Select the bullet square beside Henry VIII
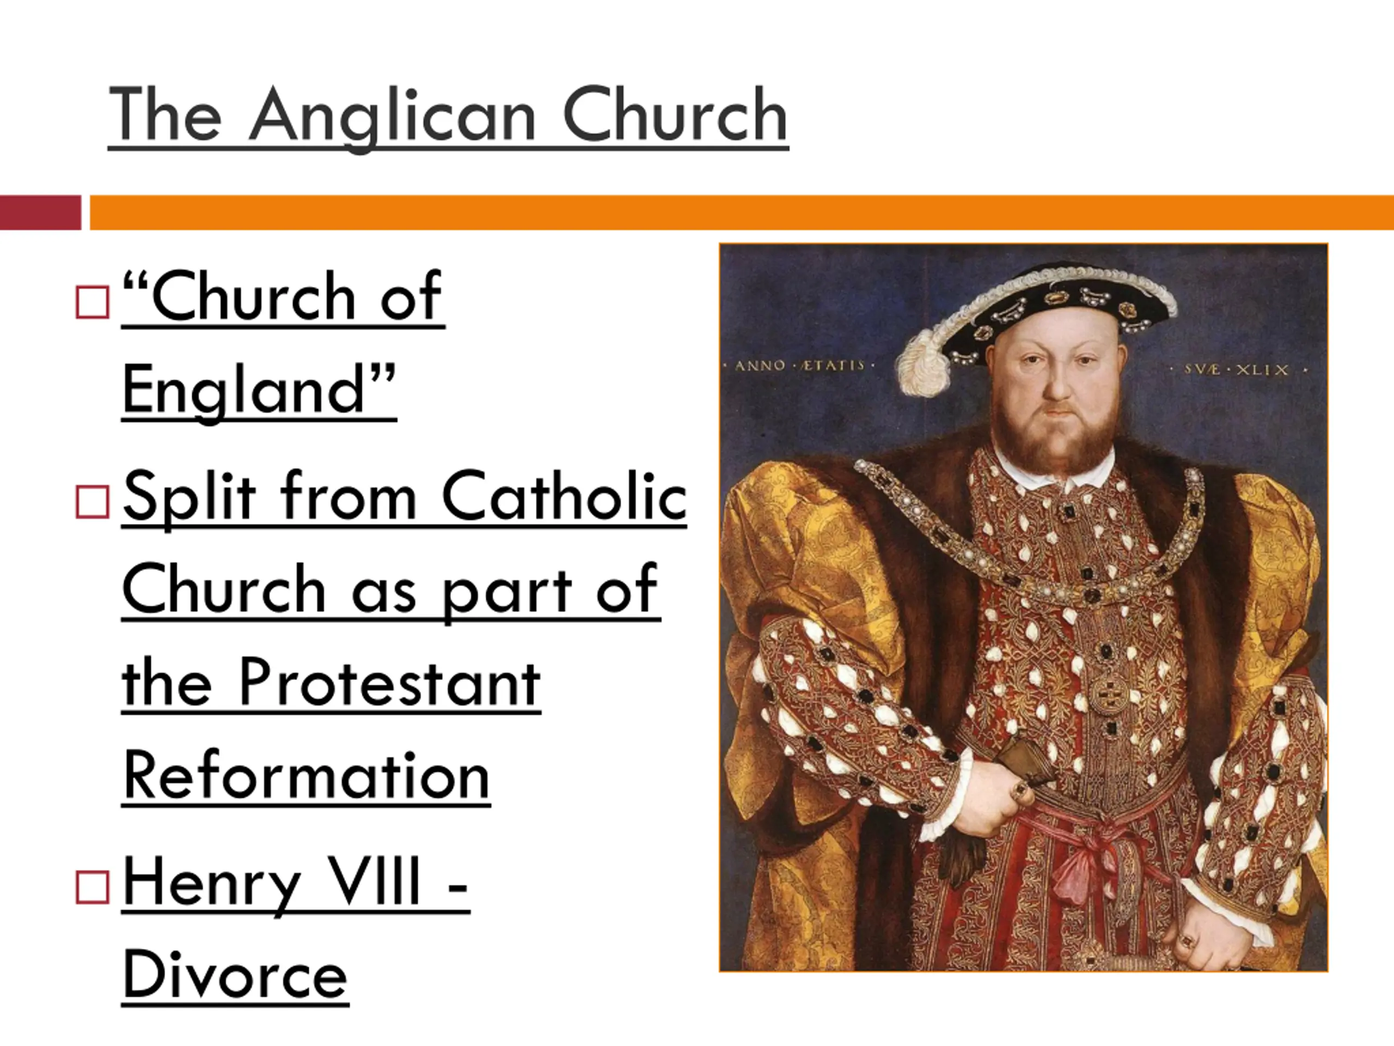coord(92,887)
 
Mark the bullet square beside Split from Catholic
coord(92,502)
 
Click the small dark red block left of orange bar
coord(40,212)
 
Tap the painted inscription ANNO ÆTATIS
coord(799,365)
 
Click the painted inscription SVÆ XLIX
coord(1238,369)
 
